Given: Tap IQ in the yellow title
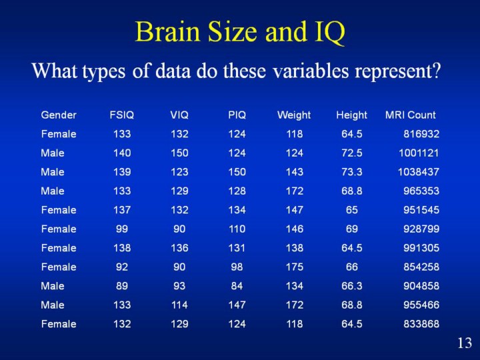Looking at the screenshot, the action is tap(329, 33).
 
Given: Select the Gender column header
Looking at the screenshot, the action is tap(59, 115).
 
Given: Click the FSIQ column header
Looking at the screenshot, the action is tap(122, 115).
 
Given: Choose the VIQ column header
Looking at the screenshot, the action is tap(179, 115).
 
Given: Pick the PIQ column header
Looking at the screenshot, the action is tap(237, 115).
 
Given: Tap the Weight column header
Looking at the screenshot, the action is tap(294, 115).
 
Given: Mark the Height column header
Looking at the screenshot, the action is tap(351, 115).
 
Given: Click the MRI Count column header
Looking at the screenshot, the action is tap(410, 115).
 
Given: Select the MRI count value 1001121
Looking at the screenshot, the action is tap(419, 153).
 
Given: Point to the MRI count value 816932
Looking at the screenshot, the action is tap(421, 134).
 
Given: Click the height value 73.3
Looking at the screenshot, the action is tap(352, 172).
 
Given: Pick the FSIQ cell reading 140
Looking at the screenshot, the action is tap(122, 153).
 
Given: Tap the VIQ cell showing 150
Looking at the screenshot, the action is tap(179, 153).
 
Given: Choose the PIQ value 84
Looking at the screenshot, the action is tap(237, 285).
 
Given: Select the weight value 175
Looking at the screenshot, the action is tap(295, 267).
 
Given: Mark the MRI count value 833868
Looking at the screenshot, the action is tap(421, 323).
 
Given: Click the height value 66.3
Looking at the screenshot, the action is tap(352, 285).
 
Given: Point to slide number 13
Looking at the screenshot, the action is tap(465, 343).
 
